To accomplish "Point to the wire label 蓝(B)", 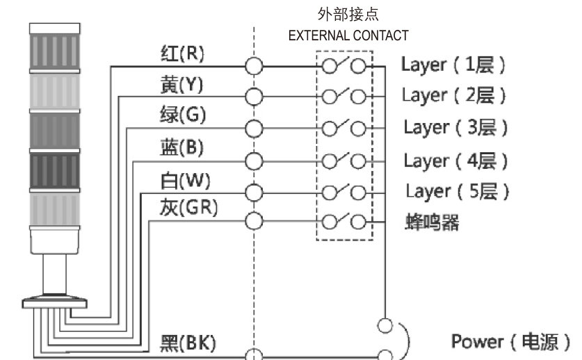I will (x=177, y=147).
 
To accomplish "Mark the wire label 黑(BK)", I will (x=188, y=342).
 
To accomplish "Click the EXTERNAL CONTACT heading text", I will (x=348, y=35).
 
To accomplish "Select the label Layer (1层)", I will (x=453, y=65).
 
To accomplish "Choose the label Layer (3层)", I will (x=455, y=128).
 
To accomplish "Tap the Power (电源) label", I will (x=510, y=341).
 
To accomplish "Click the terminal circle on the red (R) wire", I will (x=254, y=66).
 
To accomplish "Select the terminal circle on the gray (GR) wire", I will (x=254, y=222).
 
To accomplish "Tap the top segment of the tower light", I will (x=54, y=48).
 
